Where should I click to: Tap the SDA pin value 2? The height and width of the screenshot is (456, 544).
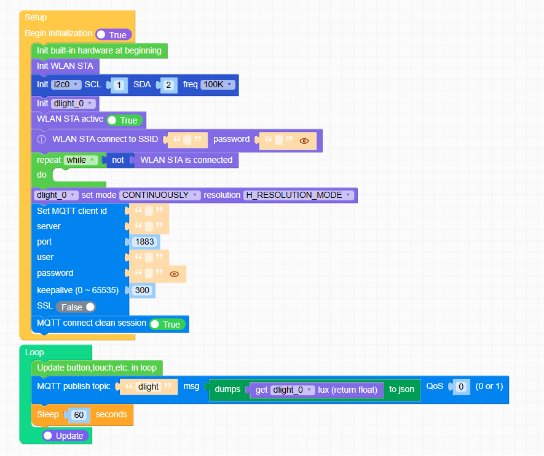[x=168, y=85]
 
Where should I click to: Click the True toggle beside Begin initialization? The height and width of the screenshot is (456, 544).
[x=113, y=35]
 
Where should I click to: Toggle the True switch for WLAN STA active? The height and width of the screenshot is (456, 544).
[x=125, y=120]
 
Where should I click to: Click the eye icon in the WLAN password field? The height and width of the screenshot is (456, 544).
[x=304, y=141]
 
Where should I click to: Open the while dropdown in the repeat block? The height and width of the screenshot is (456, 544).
[x=81, y=160]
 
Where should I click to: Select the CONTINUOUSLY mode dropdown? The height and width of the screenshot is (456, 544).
[x=160, y=195]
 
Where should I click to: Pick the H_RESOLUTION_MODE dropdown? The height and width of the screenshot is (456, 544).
[x=298, y=195]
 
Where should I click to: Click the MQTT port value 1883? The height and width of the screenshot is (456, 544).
[x=144, y=242]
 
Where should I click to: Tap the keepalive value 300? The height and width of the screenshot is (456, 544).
[x=142, y=290]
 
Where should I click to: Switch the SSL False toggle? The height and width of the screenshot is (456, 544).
[x=76, y=307]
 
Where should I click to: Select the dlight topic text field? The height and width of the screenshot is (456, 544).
[x=148, y=387]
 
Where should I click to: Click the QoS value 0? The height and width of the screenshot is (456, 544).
[x=461, y=387]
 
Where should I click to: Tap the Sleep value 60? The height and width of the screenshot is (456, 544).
[x=79, y=415]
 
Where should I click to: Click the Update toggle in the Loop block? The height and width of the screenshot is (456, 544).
[x=65, y=436]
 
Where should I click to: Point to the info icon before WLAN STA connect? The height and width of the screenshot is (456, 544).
[x=42, y=140]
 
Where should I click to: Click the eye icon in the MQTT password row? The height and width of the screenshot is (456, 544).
[x=174, y=274]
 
